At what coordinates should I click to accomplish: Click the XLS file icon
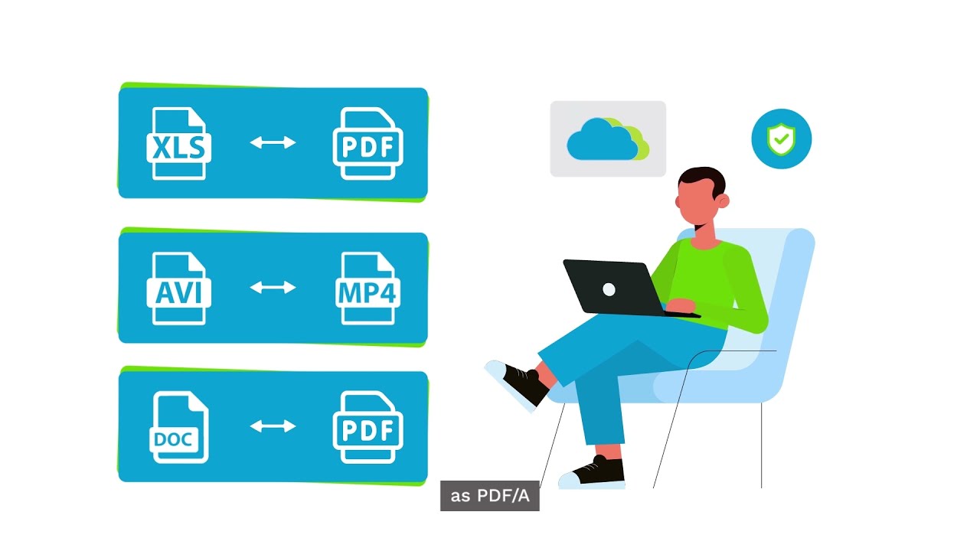click(178, 144)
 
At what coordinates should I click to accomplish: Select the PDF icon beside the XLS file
click(367, 144)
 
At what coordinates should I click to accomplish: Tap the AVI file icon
click(178, 289)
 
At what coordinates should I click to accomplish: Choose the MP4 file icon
click(367, 289)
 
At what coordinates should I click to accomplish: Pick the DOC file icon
click(178, 427)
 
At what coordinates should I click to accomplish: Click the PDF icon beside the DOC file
click(367, 427)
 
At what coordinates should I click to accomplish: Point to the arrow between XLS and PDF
click(273, 142)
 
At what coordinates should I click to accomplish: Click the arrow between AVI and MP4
click(273, 287)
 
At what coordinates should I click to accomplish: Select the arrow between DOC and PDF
click(273, 425)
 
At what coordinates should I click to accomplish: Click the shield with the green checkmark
click(781, 139)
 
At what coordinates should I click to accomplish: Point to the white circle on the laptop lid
click(609, 289)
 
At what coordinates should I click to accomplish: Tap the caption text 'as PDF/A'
click(490, 496)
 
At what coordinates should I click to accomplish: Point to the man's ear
click(724, 201)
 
